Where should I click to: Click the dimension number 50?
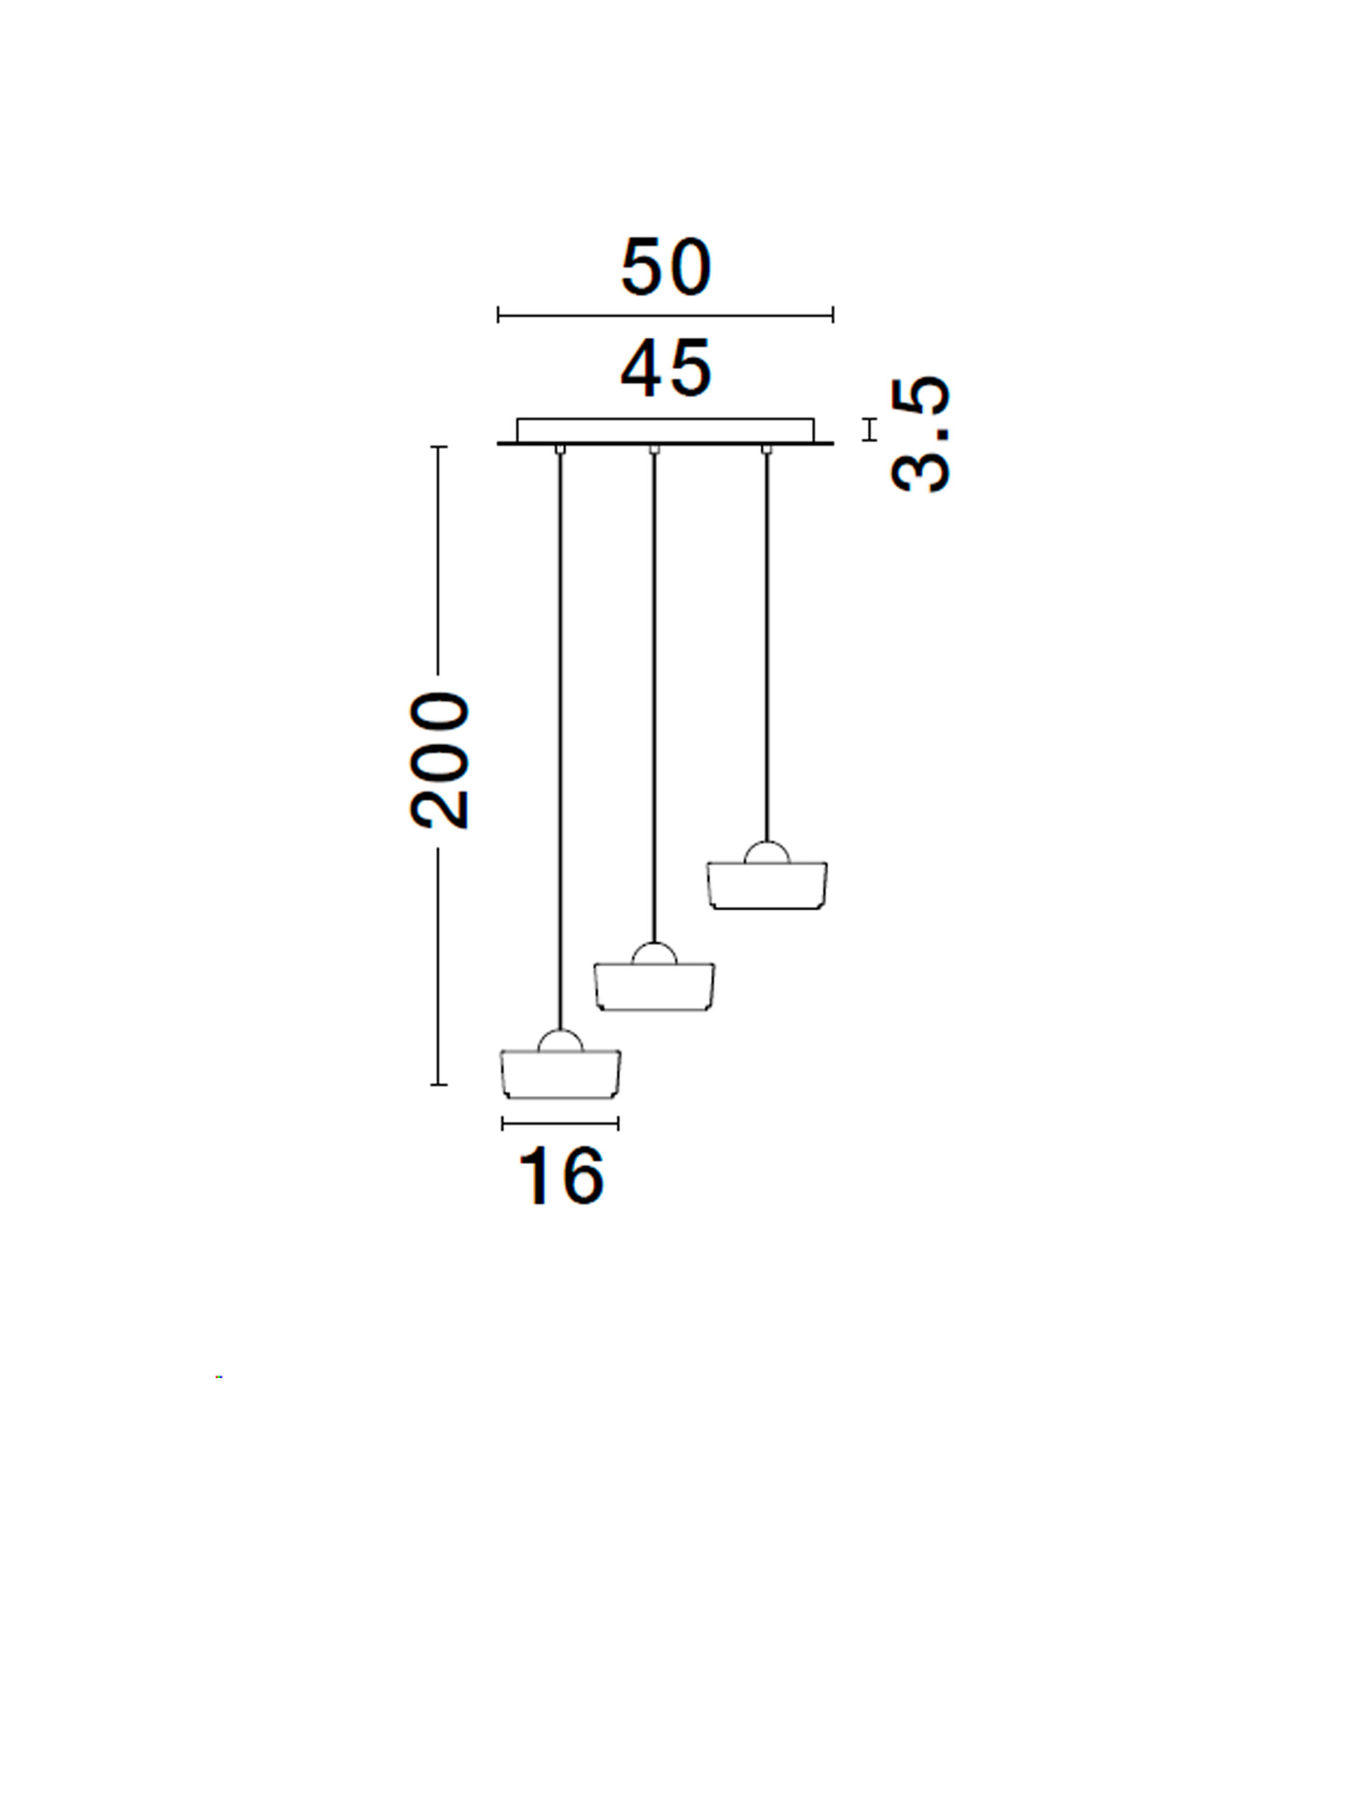click(x=665, y=267)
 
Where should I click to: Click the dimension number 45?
click(x=665, y=370)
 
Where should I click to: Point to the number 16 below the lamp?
click(x=561, y=1178)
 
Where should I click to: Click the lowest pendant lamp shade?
click(x=560, y=1074)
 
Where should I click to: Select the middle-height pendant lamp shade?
click(x=654, y=986)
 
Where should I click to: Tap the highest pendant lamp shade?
click(x=767, y=885)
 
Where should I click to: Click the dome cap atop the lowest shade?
click(x=560, y=1042)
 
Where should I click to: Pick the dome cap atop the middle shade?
click(x=654, y=955)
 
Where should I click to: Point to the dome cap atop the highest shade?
click(x=767, y=853)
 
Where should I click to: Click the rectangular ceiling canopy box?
click(x=665, y=430)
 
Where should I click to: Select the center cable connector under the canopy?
click(x=655, y=449)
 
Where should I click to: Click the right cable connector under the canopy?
click(x=766, y=449)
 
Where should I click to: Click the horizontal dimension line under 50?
click(x=665, y=315)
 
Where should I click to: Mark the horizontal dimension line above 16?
click(x=560, y=1124)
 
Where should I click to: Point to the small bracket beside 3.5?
click(x=870, y=429)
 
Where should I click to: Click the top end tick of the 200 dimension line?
click(x=439, y=448)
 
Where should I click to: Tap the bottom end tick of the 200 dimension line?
click(x=439, y=1084)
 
